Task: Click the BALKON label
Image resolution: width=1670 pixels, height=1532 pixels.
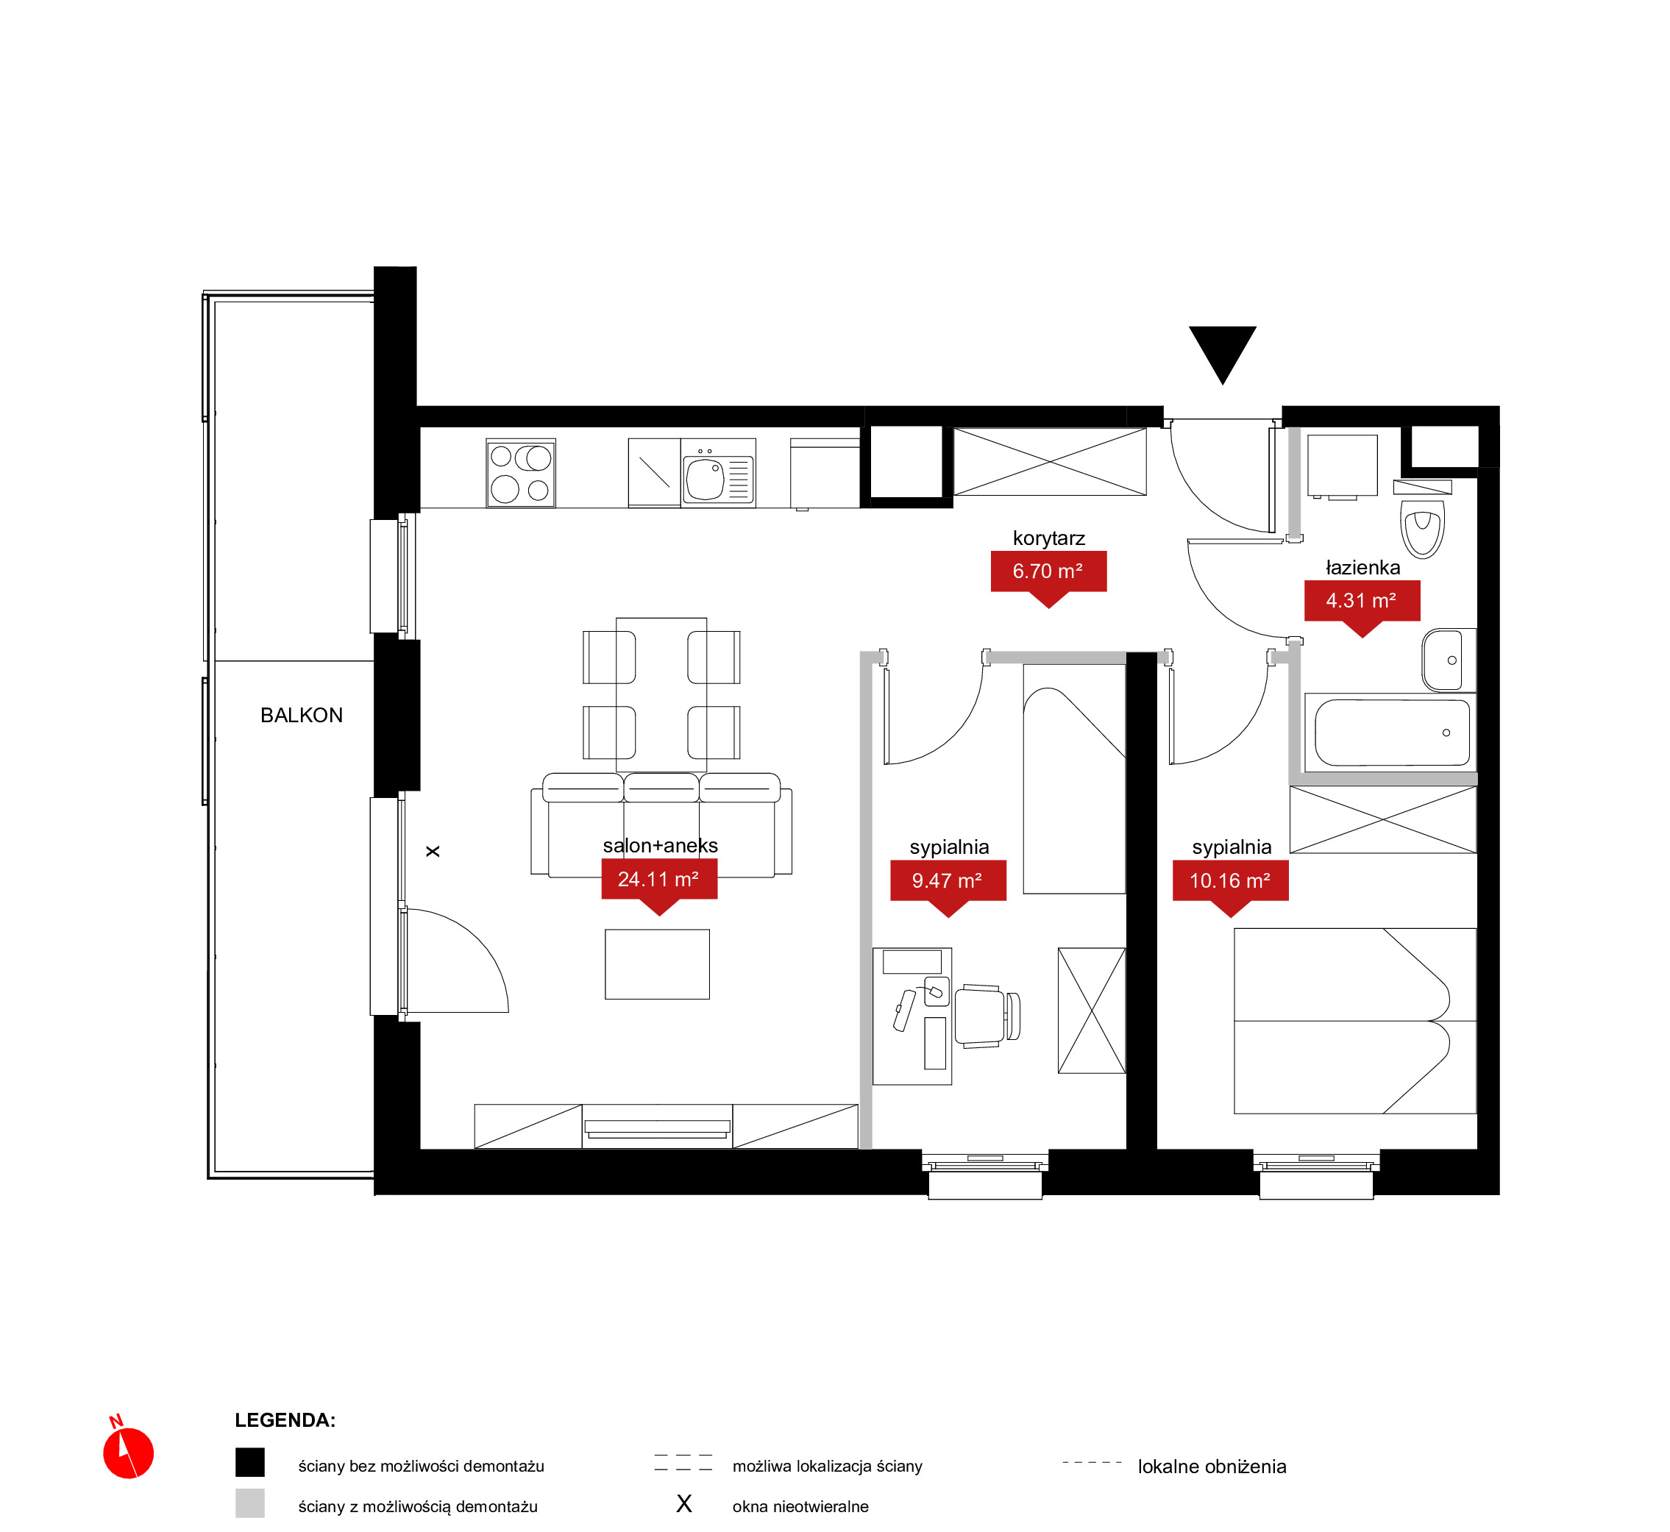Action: [302, 716]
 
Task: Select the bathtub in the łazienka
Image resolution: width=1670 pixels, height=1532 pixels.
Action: [1390, 733]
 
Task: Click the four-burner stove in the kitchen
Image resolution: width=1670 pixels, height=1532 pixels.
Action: [521, 472]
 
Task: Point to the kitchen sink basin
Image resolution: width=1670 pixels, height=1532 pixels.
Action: [705, 480]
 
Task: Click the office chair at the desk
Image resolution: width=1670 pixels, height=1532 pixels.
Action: [987, 1016]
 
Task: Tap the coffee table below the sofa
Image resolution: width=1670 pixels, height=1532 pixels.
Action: [658, 964]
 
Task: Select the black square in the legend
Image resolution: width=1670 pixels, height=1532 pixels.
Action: [249, 1462]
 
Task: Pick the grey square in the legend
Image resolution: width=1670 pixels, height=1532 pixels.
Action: [249, 1503]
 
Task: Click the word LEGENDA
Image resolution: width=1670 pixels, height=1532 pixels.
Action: [285, 1420]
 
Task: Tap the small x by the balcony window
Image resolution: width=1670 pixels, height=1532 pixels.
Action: [433, 852]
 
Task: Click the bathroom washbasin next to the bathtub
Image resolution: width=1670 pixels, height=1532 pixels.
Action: [1449, 660]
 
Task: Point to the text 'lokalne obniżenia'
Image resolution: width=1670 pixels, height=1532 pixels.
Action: [1212, 1467]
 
